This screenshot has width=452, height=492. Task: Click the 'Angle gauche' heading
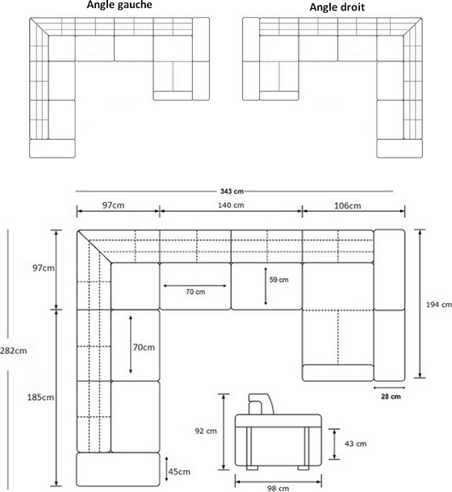(x=119, y=5)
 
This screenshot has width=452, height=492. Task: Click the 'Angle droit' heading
(x=337, y=7)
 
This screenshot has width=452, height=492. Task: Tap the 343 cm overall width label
(x=232, y=191)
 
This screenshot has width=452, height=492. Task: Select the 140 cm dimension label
(x=231, y=205)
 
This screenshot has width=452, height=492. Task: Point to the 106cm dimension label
(x=347, y=206)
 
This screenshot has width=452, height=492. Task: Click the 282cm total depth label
(x=14, y=351)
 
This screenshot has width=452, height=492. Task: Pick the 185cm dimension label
(x=40, y=397)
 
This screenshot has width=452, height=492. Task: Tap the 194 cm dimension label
(x=439, y=305)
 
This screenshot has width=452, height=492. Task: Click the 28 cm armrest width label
(x=391, y=397)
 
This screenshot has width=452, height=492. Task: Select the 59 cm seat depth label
(x=279, y=280)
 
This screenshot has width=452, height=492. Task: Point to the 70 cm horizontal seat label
(x=195, y=292)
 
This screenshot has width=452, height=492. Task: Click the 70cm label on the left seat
(x=144, y=347)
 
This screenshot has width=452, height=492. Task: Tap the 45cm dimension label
(x=179, y=472)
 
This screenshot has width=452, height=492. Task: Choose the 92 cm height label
(x=206, y=431)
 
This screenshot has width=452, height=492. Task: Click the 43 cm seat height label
(x=355, y=444)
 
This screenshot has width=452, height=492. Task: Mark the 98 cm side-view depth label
(x=278, y=488)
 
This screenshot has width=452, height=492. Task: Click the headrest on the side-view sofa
(x=261, y=404)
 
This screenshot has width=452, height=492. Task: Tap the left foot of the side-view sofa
(x=252, y=468)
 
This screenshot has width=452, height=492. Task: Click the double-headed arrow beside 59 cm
(x=266, y=286)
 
